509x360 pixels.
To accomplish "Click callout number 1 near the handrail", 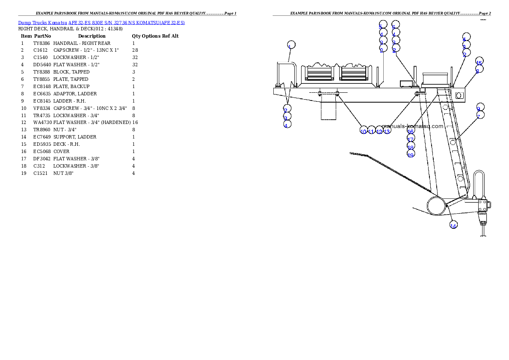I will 291,46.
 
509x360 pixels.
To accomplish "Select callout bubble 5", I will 382,25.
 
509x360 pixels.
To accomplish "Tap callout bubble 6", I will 396,25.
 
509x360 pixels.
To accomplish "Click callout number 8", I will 479,69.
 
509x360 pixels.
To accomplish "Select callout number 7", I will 480,115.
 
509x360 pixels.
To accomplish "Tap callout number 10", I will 364,130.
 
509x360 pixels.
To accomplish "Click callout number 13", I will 387,130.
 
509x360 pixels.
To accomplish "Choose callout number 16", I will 411,131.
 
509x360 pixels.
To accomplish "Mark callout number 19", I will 411,154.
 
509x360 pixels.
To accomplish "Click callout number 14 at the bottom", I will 453,224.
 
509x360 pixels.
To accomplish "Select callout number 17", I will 411,139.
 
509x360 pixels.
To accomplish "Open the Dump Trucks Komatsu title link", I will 101,22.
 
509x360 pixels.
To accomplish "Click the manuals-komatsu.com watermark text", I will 412,126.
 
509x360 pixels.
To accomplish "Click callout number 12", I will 379,130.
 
